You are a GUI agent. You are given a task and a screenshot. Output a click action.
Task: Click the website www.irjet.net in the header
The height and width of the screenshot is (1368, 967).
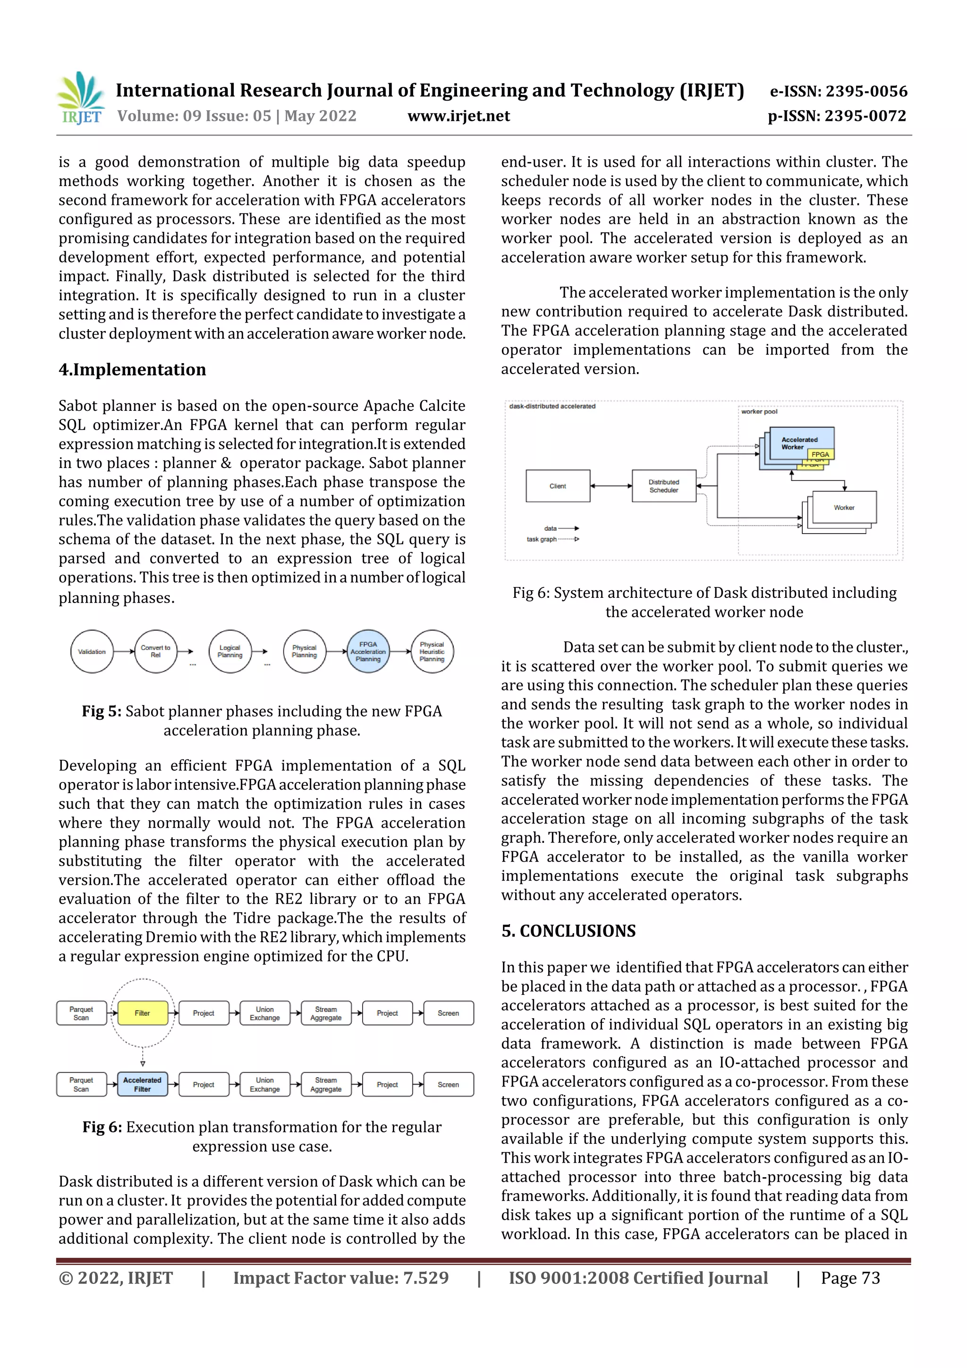tap(458, 116)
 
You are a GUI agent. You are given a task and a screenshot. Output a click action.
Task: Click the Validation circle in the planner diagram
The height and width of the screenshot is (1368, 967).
tap(92, 651)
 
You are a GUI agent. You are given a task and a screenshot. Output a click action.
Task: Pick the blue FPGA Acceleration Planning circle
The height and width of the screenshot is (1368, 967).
tap(368, 651)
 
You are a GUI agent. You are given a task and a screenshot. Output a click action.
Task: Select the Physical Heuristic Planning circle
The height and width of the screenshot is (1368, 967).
tap(432, 651)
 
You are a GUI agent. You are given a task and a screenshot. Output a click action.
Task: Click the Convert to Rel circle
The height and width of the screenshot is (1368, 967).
tap(155, 651)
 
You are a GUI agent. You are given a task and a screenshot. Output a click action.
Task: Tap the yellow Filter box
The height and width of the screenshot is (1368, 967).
tap(143, 1013)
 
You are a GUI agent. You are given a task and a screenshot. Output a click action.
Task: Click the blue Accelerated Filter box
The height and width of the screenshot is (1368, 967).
tap(143, 1084)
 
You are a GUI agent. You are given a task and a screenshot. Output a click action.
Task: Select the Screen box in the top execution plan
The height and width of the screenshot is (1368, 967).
tap(448, 1013)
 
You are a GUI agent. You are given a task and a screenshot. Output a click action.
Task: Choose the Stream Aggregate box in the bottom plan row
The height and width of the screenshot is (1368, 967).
tap(326, 1084)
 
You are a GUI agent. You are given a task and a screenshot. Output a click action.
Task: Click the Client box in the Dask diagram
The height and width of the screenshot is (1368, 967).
tap(558, 486)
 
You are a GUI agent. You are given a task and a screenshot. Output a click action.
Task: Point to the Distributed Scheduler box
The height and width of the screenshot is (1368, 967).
tap(664, 486)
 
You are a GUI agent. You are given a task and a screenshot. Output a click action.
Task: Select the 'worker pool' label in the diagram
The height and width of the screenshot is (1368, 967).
tap(759, 412)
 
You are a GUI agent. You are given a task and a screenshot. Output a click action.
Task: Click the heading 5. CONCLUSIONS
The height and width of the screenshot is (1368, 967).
tap(568, 931)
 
